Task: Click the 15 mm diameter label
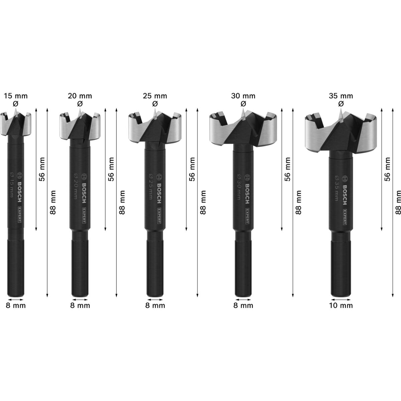point(16,96)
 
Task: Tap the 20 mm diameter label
point(80,96)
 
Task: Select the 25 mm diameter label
point(155,96)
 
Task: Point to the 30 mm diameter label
point(243,96)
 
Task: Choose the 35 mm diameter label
point(341,96)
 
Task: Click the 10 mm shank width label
point(341,305)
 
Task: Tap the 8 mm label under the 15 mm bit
point(16,305)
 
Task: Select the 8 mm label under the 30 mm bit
point(243,305)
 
